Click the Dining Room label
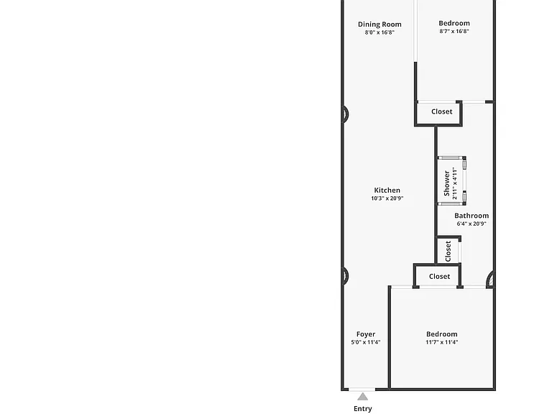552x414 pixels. coord(379,24)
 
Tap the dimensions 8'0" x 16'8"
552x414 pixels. coord(379,32)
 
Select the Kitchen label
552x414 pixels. coord(387,190)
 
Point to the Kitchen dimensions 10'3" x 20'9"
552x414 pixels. coord(387,198)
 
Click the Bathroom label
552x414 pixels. coord(471,216)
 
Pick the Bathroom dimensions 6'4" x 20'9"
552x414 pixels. coord(471,224)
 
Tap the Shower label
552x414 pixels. coord(446,183)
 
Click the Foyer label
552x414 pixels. coord(365,334)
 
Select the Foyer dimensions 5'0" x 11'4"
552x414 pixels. coord(365,342)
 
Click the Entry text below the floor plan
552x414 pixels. coord(362,409)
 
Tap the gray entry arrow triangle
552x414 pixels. coord(362,397)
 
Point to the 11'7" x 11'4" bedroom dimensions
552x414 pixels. coord(441,342)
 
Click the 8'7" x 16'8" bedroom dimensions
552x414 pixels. coord(454,31)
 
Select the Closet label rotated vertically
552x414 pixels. coord(448,251)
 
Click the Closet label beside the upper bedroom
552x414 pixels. coord(442,111)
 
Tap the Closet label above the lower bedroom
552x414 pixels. coord(439,276)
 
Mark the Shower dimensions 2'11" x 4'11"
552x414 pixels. coord(454,183)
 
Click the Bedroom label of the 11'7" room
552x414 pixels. coord(441,334)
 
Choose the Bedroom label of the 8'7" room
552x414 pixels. coord(454,23)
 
